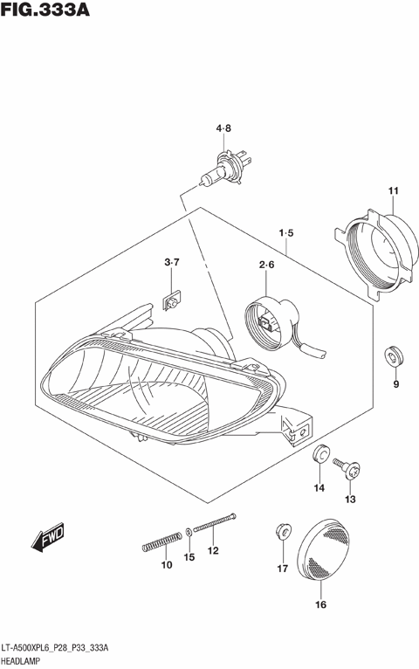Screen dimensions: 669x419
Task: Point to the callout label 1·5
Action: pos(285,233)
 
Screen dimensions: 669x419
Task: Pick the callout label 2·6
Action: pos(266,266)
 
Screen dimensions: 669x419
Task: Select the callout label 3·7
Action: pos(171,263)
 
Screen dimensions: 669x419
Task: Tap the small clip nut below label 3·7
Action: pos(173,302)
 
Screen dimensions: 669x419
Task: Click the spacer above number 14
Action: pos(320,455)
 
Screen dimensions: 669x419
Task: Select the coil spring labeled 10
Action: pos(160,544)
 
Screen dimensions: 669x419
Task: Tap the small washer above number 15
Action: pos(189,532)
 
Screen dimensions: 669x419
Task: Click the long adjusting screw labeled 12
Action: pos(217,523)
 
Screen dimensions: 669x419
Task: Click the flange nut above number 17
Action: pos(281,530)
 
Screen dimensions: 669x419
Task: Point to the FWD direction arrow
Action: pos(49,539)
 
